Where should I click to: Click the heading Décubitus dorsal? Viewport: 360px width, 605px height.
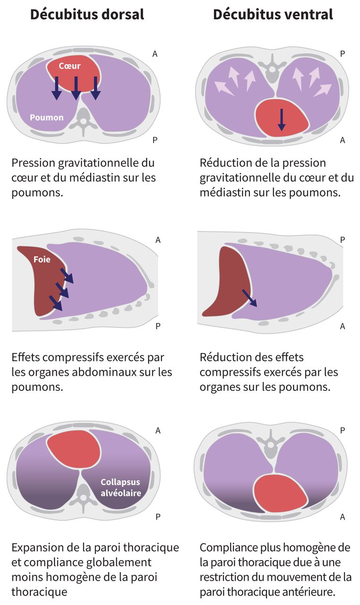[87, 15]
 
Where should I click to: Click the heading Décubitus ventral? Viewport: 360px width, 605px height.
[273, 15]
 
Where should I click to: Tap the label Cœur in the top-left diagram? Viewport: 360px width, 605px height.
[69, 66]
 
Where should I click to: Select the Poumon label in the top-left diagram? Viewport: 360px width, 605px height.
[47, 117]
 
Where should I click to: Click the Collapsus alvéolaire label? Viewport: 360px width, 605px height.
[121, 488]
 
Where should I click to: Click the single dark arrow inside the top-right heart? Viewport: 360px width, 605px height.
[282, 120]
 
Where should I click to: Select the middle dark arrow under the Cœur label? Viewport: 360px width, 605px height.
[76, 88]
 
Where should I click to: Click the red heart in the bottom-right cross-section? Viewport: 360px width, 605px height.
[279, 497]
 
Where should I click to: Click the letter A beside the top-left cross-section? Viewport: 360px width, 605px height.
[155, 54]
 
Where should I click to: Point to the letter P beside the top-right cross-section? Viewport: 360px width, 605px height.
[343, 54]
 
